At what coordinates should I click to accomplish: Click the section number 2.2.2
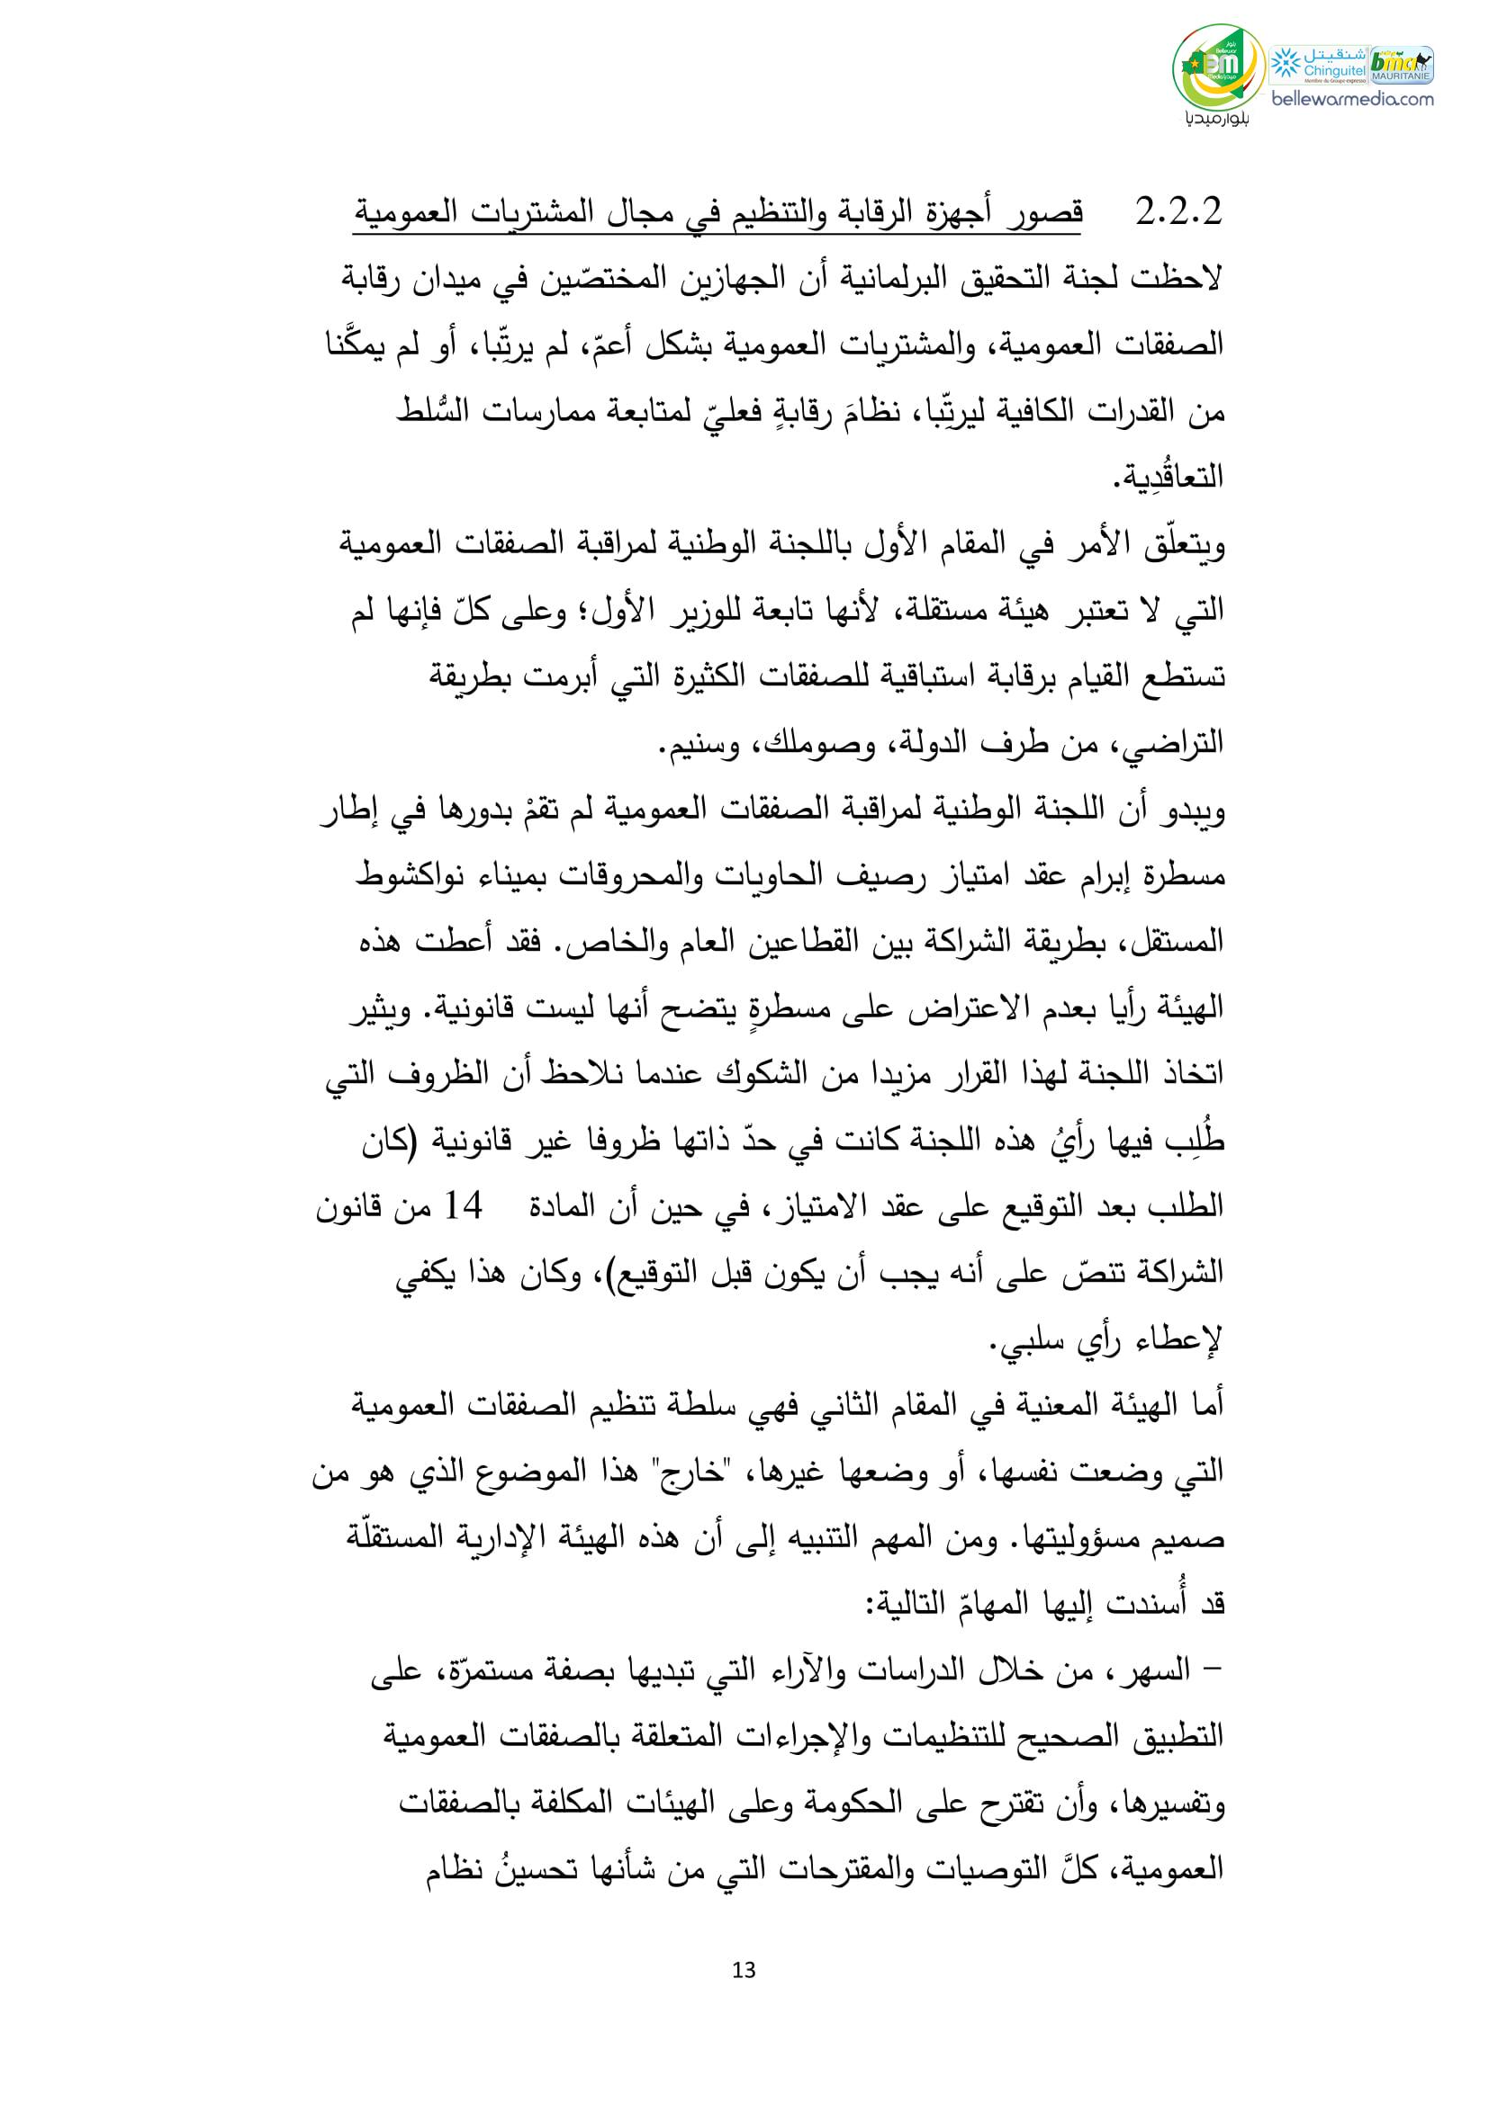[1179, 214]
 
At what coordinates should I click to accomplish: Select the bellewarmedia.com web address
[1350, 98]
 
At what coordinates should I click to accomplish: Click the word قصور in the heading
[1050, 214]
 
